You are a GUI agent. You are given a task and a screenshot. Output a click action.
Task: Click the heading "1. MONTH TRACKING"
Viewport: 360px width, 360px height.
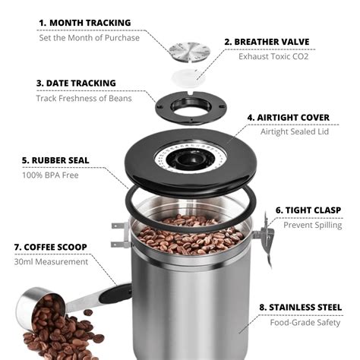tap(84, 23)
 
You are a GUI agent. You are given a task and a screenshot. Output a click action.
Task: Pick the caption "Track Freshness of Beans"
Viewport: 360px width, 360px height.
tap(84, 98)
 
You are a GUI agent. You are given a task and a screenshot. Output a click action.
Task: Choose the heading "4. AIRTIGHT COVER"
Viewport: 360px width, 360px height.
tap(288, 118)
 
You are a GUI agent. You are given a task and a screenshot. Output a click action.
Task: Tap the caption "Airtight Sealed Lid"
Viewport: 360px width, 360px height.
tap(294, 131)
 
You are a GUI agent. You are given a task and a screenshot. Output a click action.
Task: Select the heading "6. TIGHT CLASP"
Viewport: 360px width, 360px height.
tap(307, 210)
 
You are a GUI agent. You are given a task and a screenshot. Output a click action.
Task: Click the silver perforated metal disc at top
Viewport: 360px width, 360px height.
tap(189, 52)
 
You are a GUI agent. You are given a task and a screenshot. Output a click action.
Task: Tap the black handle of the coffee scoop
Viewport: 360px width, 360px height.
tap(114, 295)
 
